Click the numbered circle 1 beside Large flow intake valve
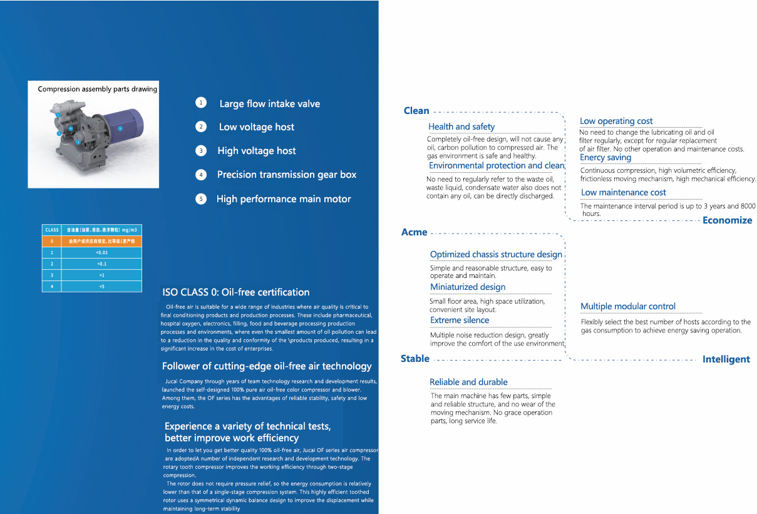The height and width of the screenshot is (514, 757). click(x=201, y=103)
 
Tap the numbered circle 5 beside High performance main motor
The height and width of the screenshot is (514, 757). click(x=201, y=199)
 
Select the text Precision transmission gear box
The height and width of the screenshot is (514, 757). click(x=286, y=175)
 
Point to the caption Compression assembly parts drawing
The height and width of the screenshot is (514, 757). click(x=97, y=89)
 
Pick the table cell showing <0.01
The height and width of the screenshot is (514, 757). click(x=101, y=252)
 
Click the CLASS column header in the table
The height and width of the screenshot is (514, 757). click(x=52, y=230)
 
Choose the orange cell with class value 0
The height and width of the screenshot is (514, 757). click(x=52, y=241)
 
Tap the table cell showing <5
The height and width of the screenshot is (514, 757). click(x=101, y=286)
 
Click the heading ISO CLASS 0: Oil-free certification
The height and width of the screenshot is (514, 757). click(x=235, y=292)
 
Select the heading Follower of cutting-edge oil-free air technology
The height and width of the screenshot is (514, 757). click(x=267, y=366)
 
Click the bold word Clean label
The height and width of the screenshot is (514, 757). click(x=416, y=111)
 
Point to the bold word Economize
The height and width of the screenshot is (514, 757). click(x=727, y=220)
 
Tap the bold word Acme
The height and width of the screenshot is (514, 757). click(x=414, y=232)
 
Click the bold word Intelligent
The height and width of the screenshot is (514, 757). click(x=726, y=359)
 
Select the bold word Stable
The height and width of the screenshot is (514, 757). click(x=415, y=359)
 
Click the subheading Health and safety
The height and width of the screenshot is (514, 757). click(x=461, y=126)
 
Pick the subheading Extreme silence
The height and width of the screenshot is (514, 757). click(x=460, y=321)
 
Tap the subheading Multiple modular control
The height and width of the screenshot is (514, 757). click(x=627, y=307)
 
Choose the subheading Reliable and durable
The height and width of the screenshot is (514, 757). click(x=468, y=382)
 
